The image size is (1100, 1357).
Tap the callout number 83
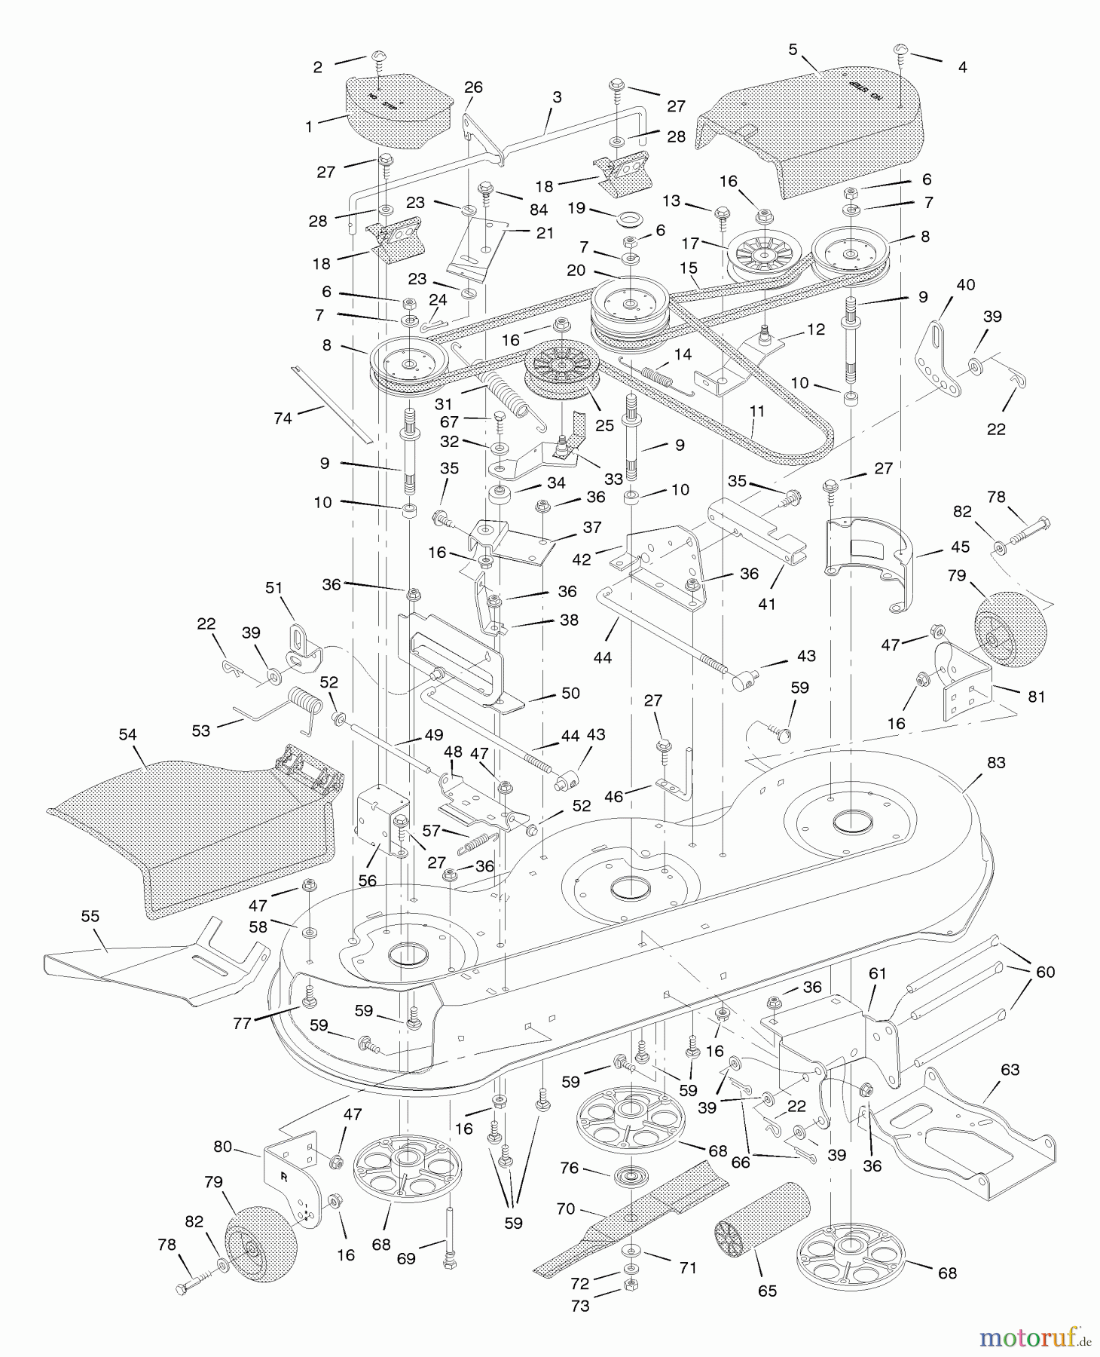pyautogui.click(x=996, y=763)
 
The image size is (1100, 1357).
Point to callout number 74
pyautogui.click(x=283, y=418)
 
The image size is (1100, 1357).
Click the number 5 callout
pyautogui.click(x=793, y=50)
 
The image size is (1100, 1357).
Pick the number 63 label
pyautogui.click(x=1010, y=1070)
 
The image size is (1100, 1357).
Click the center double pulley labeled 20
pyautogui.click(x=629, y=305)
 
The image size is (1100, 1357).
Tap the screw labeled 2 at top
pyautogui.click(x=377, y=60)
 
